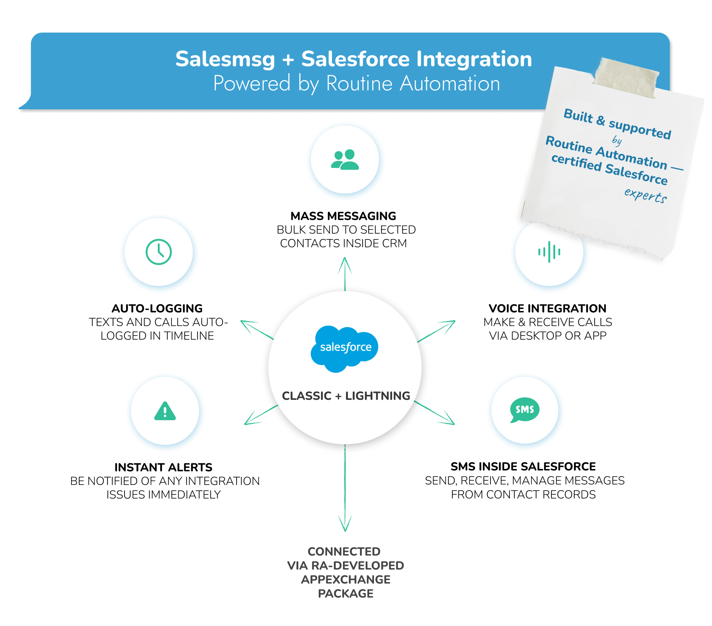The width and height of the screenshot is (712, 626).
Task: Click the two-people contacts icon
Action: tap(345, 160)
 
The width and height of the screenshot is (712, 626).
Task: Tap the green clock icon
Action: tap(159, 252)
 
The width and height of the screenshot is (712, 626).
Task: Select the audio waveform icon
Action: tap(549, 252)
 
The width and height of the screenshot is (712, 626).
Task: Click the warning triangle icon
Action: tap(165, 411)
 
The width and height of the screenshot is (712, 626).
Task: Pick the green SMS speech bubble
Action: tap(525, 410)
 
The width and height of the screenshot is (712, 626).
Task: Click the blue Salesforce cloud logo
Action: tap(344, 348)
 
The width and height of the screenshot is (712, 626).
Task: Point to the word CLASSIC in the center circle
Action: tap(307, 396)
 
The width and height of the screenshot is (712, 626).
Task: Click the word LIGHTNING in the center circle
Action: tap(377, 396)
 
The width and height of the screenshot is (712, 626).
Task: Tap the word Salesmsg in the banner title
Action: tap(225, 59)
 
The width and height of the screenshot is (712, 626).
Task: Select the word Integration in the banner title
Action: tap(474, 59)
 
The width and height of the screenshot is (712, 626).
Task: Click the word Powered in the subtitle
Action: tap(252, 84)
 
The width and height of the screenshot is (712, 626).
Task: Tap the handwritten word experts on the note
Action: tap(645, 195)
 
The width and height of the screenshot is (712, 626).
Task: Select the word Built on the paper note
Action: tap(578, 116)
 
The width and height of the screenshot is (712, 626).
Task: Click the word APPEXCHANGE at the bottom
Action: tap(346, 579)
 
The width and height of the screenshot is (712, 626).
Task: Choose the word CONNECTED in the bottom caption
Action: tap(344, 552)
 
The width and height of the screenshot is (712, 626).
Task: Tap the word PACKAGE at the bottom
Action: tap(346, 593)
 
